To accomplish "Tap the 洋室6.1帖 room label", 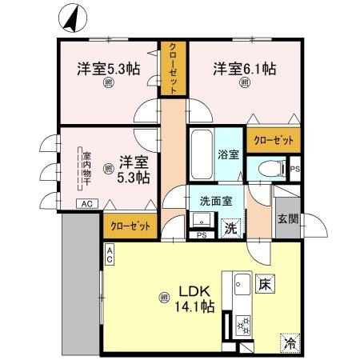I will coord(245,70).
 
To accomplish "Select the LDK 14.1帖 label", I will coord(195,298).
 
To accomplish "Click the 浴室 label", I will coord(228,154).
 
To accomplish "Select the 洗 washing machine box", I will coord(230,226).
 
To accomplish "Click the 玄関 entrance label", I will coord(288,218).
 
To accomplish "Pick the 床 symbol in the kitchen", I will coord(266,284).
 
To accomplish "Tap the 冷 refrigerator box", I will coord(288,342).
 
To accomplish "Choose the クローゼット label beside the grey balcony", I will coord(130,226).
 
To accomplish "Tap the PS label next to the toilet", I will coord(294,169).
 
